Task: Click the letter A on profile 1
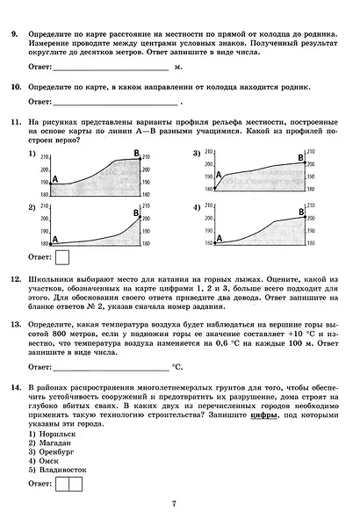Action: pyautogui.click(x=54, y=180)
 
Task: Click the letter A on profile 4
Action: pyautogui.click(x=219, y=237)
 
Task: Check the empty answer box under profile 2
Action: pyautogui.click(x=63, y=257)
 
